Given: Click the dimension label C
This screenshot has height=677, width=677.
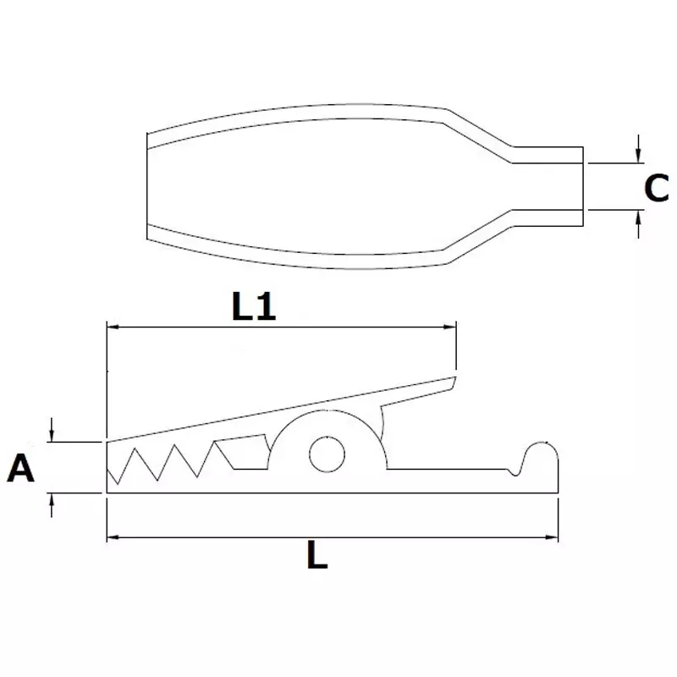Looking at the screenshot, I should (656, 188).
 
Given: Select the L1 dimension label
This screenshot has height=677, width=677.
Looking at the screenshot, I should (254, 308).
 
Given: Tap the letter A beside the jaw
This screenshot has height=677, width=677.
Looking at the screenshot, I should (22, 467).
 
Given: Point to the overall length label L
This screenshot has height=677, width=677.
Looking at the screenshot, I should (316, 558).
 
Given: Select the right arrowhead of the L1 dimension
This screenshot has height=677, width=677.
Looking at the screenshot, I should (450, 325).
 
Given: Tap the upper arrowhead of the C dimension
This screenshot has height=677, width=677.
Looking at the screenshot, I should (637, 156).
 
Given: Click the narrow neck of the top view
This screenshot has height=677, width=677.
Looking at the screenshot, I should (546, 187).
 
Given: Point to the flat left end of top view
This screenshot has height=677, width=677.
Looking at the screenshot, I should (148, 186).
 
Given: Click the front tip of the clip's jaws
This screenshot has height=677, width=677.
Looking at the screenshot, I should (108, 465).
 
